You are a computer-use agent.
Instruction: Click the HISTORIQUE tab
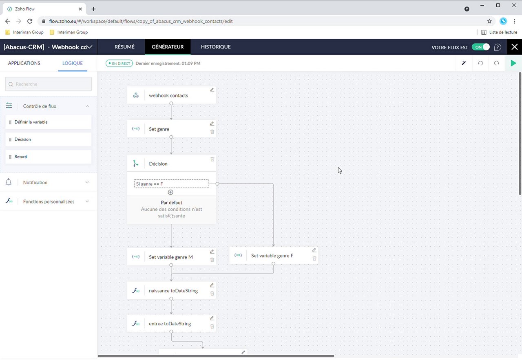[x=215, y=47]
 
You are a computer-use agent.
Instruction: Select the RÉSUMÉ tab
[x=124, y=47]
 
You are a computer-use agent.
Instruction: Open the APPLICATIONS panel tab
[x=24, y=63]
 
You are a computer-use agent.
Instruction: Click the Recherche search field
[x=49, y=84]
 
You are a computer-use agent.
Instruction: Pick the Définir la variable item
[x=49, y=122]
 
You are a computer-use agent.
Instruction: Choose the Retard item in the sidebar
[x=49, y=157]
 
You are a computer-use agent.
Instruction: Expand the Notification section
[x=49, y=182]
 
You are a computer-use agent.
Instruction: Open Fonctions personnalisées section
[x=49, y=201]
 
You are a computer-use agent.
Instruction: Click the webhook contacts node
[x=168, y=95]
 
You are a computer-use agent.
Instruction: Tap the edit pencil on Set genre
[x=212, y=124]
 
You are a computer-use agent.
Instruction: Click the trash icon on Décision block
[x=212, y=159]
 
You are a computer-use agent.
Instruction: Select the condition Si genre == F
[x=171, y=184]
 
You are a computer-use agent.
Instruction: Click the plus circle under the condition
[x=171, y=192]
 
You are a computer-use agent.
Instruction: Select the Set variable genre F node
[x=272, y=256]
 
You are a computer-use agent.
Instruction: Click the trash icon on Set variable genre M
[x=212, y=260]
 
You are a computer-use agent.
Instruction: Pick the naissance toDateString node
[x=173, y=291]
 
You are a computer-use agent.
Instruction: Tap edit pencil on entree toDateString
[x=212, y=318]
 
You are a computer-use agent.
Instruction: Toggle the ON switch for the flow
[x=480, y=47]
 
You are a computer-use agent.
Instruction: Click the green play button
[x=513, y=63]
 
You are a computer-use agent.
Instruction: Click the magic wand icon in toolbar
[x=464, y=63]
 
